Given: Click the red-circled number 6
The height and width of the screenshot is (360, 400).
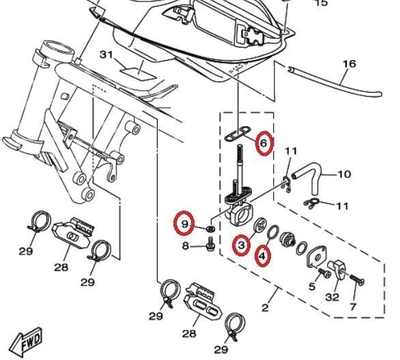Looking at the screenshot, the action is click(265, 143).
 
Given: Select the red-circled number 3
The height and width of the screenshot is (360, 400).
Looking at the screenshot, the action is click(241, 245).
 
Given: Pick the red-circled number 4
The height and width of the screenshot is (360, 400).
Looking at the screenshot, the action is click(263, 256).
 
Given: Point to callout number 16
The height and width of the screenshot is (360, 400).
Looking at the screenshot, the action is click(349, 63).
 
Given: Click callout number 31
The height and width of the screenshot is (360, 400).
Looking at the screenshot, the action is click(106, 55).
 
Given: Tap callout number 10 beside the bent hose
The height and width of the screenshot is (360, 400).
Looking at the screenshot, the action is click(345, 175).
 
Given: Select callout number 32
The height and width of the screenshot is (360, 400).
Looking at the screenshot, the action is click(332, 297).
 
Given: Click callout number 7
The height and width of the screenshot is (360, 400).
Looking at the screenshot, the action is click(353, 307).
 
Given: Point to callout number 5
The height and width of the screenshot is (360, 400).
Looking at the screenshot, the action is click(312, 286).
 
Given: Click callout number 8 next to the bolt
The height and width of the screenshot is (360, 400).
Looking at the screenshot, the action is click(186, 246).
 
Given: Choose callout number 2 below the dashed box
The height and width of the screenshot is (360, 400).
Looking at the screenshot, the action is click(265, 307).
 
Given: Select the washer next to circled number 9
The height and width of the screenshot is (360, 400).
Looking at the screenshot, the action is click(210, 228).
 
